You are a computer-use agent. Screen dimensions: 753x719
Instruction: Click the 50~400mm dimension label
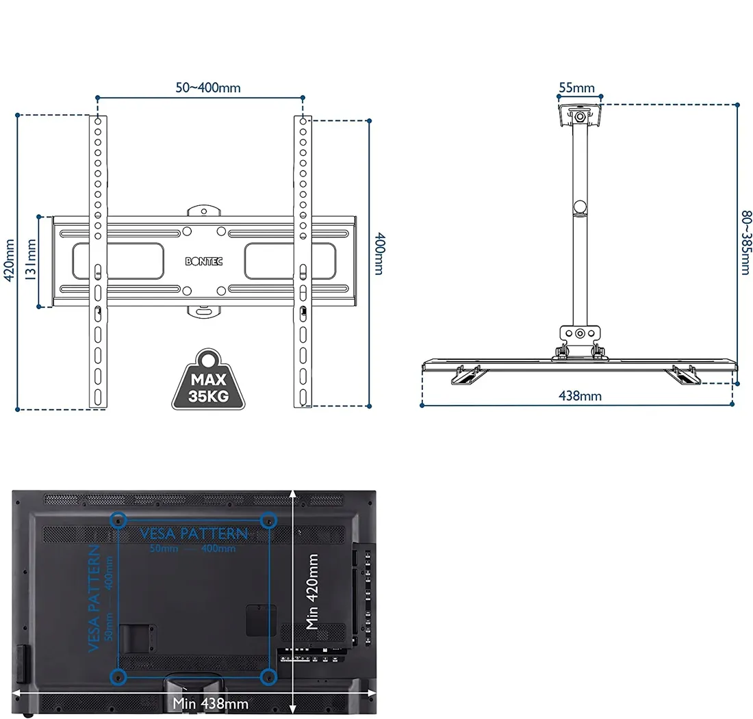[x=208, y=88]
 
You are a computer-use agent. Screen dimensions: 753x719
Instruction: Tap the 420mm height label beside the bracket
[x=9, y=261]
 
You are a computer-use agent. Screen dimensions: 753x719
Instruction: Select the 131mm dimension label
[x=30, y=260]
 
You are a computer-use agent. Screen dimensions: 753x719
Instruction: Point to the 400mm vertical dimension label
[x=379, y=253]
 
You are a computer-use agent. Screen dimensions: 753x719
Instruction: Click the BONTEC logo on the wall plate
[x=204, y=261]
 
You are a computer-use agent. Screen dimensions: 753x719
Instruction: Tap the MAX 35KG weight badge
[x=208, y=380]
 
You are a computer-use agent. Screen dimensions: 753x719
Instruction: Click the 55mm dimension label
[x=577, y=88]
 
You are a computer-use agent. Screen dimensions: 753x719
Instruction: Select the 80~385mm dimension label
[x=745, y=242]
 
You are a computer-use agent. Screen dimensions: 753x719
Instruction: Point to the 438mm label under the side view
[x=580, y=396]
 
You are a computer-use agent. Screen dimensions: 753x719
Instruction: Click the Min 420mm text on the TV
[x=312, y=591]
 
